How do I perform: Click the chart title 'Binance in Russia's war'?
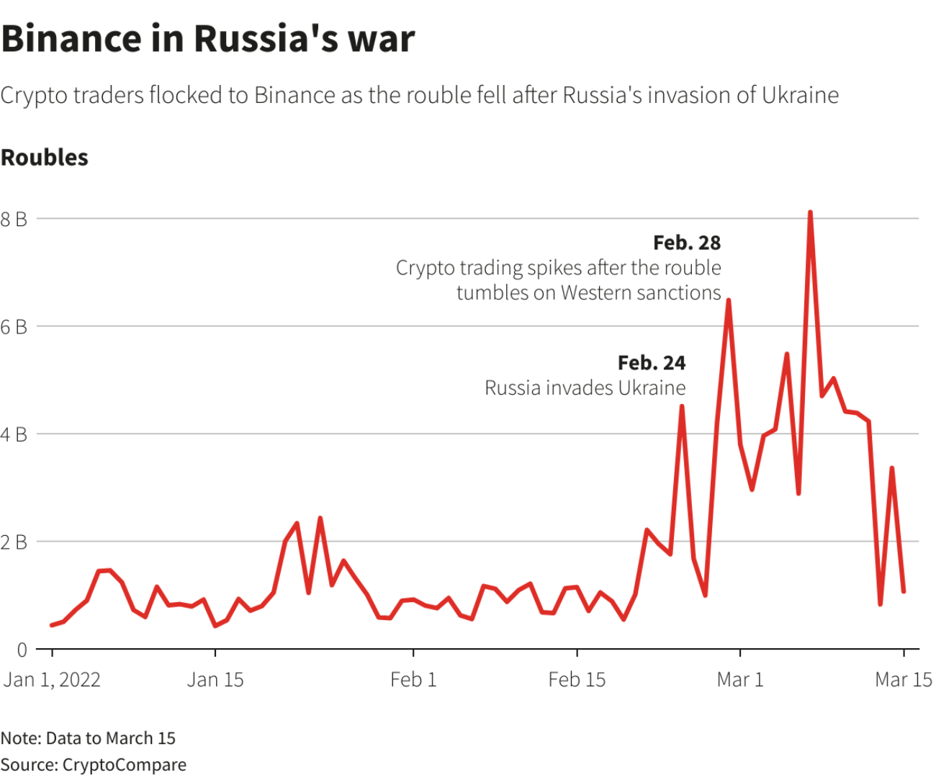coord(207,39)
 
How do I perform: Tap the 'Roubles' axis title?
coord(45,158)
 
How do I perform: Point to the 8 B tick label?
coord(14,219)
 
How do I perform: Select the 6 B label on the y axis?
coord(14,327)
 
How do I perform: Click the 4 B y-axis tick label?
coord(14,435)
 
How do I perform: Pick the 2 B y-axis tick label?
coord(14,542)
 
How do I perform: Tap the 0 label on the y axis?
coord(22,650)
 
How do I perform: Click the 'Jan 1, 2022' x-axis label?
coord(52,680)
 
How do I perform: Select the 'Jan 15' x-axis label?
coord(215,680)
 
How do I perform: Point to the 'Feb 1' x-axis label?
coord(413,680)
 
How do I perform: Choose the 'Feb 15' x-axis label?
coord(577,680)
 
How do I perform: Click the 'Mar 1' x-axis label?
coord(740,680)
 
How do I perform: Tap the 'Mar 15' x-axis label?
coord(904,680)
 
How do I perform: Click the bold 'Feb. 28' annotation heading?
coord(687,243)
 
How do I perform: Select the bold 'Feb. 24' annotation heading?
coord(652,363)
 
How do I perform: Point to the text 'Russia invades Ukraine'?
coord(585,388)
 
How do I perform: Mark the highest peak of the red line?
coord(810,212)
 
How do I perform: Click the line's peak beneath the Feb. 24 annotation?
coord(682,407)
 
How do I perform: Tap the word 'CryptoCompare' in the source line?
coord(125,765)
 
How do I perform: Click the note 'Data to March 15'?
coord(110,738)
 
